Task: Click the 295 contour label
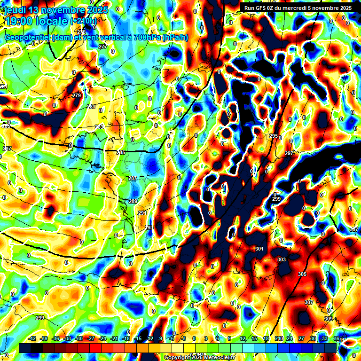coord(274,136)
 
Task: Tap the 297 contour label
coord(289,154)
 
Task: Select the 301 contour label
coord(259,249)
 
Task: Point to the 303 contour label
coord(282,259)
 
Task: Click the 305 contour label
coord(302,274)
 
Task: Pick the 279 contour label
coord(77,95)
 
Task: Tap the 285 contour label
coord(121,153)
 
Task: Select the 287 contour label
coord(133,178)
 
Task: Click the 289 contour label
coord(133,201)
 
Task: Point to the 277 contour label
coord(103,47)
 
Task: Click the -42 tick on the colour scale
coord(32,338)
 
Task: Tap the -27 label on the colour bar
coord(91,338)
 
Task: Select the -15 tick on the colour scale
coord(138,338)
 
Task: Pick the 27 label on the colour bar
coord(301,338)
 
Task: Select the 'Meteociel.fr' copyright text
coord(217,358)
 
